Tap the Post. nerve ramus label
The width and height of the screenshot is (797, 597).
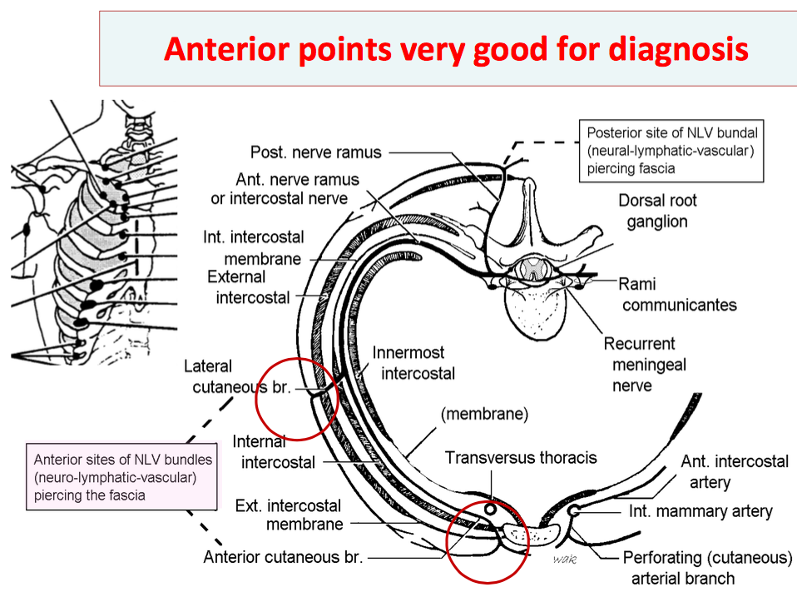point(316,152)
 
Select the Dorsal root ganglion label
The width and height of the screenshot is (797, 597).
point(657,211)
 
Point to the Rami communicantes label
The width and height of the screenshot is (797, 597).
point(679,294)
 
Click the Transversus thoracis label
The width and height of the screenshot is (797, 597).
point(521,457)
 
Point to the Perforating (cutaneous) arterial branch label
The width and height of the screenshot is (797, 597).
point(707,568)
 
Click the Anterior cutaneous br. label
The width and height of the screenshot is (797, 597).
point(283,557)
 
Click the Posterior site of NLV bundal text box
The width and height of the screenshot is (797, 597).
point(672,150)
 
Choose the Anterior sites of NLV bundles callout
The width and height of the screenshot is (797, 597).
point(123,477)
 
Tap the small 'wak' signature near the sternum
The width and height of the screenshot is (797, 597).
point(565,560)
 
